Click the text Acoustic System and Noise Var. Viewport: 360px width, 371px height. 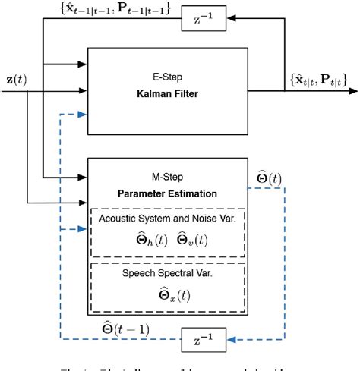coord(167,219)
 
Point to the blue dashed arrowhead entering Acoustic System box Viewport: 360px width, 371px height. coord(84,228)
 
